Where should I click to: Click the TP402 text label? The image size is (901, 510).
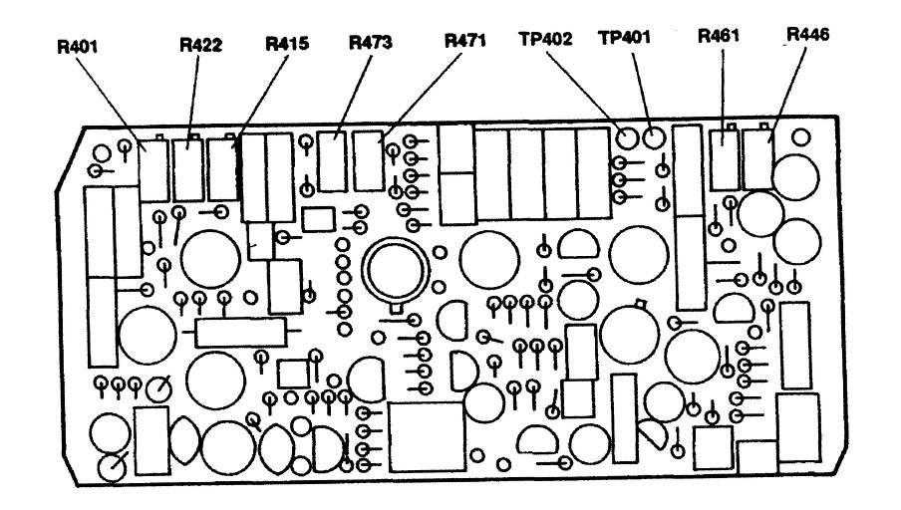click(x=545, y=40)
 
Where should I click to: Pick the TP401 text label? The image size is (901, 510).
click(x=624, y=40)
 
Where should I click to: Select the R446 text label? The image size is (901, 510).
click(x=808, y=36)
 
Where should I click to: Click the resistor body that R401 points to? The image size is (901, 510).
click(x=153, y=172)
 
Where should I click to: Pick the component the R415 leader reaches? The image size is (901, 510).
click(x=222, y=170)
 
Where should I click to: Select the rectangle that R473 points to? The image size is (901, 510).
click(x=332, y=158)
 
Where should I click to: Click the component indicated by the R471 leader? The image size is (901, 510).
click(x=368, y=158)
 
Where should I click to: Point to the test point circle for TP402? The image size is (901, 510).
click(x=627, y=136)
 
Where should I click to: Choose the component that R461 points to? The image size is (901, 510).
click(x=723, y=157)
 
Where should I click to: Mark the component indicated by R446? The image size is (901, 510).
click(x=757, y=157)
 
